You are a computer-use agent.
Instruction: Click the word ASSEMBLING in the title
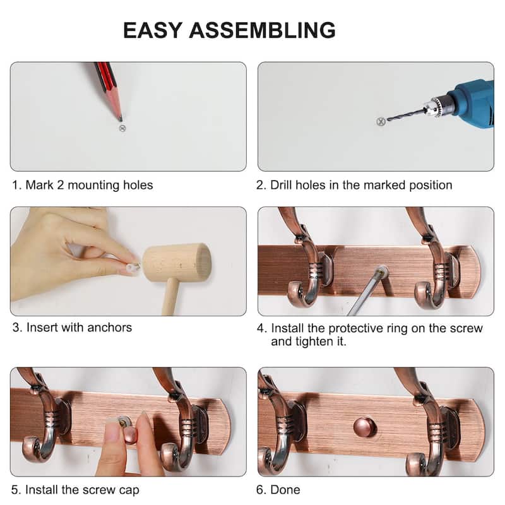click(262, 30)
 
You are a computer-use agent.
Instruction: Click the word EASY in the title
click(153, 30)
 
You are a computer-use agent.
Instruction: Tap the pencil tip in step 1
click(121, 120)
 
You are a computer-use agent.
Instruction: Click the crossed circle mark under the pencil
click(122, 129)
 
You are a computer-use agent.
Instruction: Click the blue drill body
click(473, 103)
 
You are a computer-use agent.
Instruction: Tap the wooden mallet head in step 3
click(177, 262)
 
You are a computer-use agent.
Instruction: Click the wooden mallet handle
click(170, 297)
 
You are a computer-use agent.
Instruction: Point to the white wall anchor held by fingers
click(133, 267)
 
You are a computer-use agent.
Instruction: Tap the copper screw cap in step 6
click(365, 427)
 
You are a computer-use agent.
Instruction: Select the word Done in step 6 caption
click(285, 490)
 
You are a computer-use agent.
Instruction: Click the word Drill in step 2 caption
click(281, 185)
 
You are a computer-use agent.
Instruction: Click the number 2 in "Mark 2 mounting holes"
click(60, 185)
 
